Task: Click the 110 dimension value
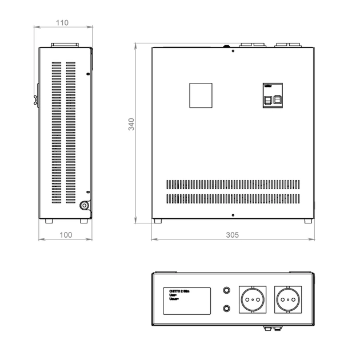pos(62,22)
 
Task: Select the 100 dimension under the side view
pos(66,234)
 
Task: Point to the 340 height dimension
pos(131,125)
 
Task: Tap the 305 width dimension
pos(233,234)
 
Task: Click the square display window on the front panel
pos(201,95)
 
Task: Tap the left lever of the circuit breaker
pos(268,99)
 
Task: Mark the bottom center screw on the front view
pos(233,215)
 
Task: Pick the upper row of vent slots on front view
pos(233,185)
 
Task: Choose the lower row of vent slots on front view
pos(233,199)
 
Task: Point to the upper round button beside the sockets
pos(227,291)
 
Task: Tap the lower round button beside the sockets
pos(227,309)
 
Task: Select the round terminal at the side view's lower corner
pos(85,206)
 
